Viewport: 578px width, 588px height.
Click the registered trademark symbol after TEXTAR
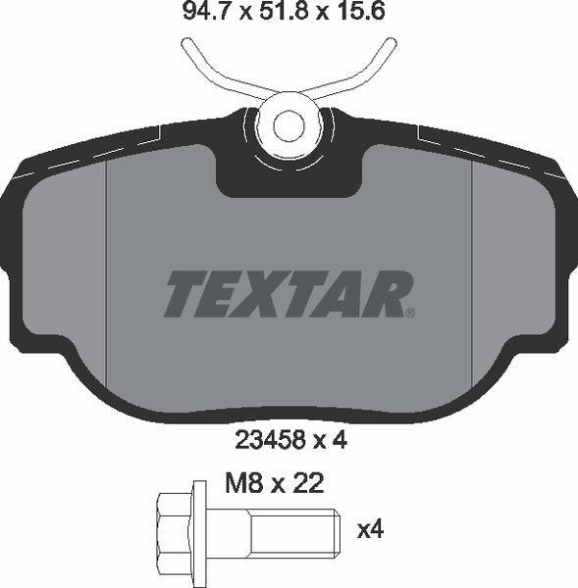410,314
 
